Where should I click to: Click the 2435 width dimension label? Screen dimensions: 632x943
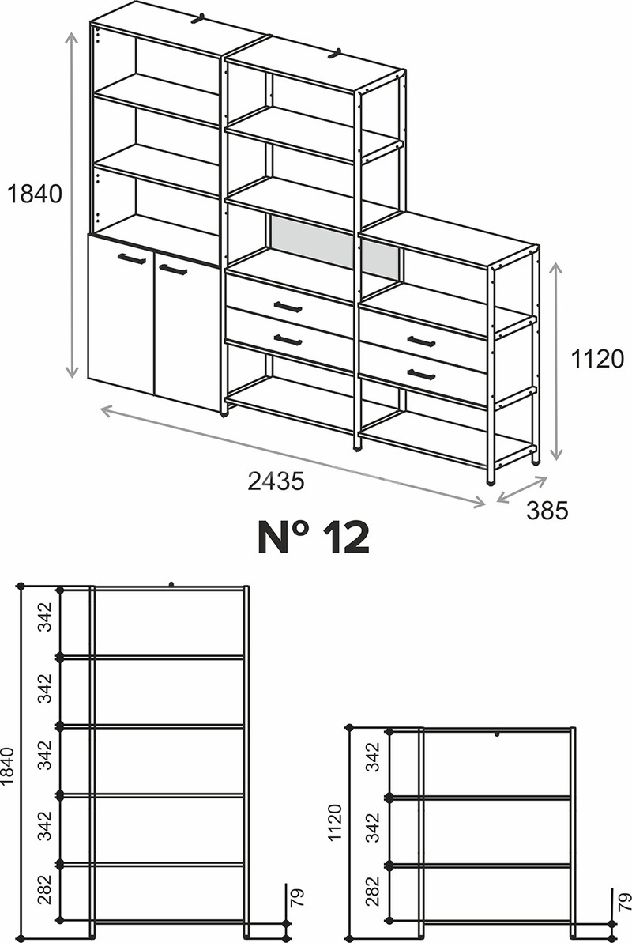[x=276, y=481]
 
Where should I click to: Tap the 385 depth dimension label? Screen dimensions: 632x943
[x=547, y=511]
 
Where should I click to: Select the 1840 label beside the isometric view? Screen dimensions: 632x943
[x=34, y=194]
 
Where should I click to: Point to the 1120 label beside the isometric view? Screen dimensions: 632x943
[x=597, y=359]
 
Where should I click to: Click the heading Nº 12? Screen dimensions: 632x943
[x=313, y=537]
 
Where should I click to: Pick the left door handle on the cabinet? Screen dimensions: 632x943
[x=132, y=258]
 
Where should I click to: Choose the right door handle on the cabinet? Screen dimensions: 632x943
[x=172, y=269]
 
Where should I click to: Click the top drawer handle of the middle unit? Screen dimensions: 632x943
[x=288, y=307]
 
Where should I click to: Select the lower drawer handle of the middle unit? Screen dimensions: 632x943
[x=288, y=341]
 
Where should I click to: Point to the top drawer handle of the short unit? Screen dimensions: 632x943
[x=421, y=341]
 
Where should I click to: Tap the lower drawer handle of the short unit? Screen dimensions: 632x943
[x=421, y=375]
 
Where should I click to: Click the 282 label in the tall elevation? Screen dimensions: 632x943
[x=45, y=889]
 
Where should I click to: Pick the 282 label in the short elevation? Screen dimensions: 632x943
[x=374, y=892]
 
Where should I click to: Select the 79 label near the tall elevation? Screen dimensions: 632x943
[x=298, y=896]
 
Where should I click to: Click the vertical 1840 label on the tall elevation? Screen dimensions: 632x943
[x=6, y=766]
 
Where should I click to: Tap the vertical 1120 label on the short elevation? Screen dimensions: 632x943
[x=335, y=823]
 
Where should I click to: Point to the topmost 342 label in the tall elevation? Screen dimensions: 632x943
[x=45, y=617]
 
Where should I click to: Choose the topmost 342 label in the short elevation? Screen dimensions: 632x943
[x=374, y=756]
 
